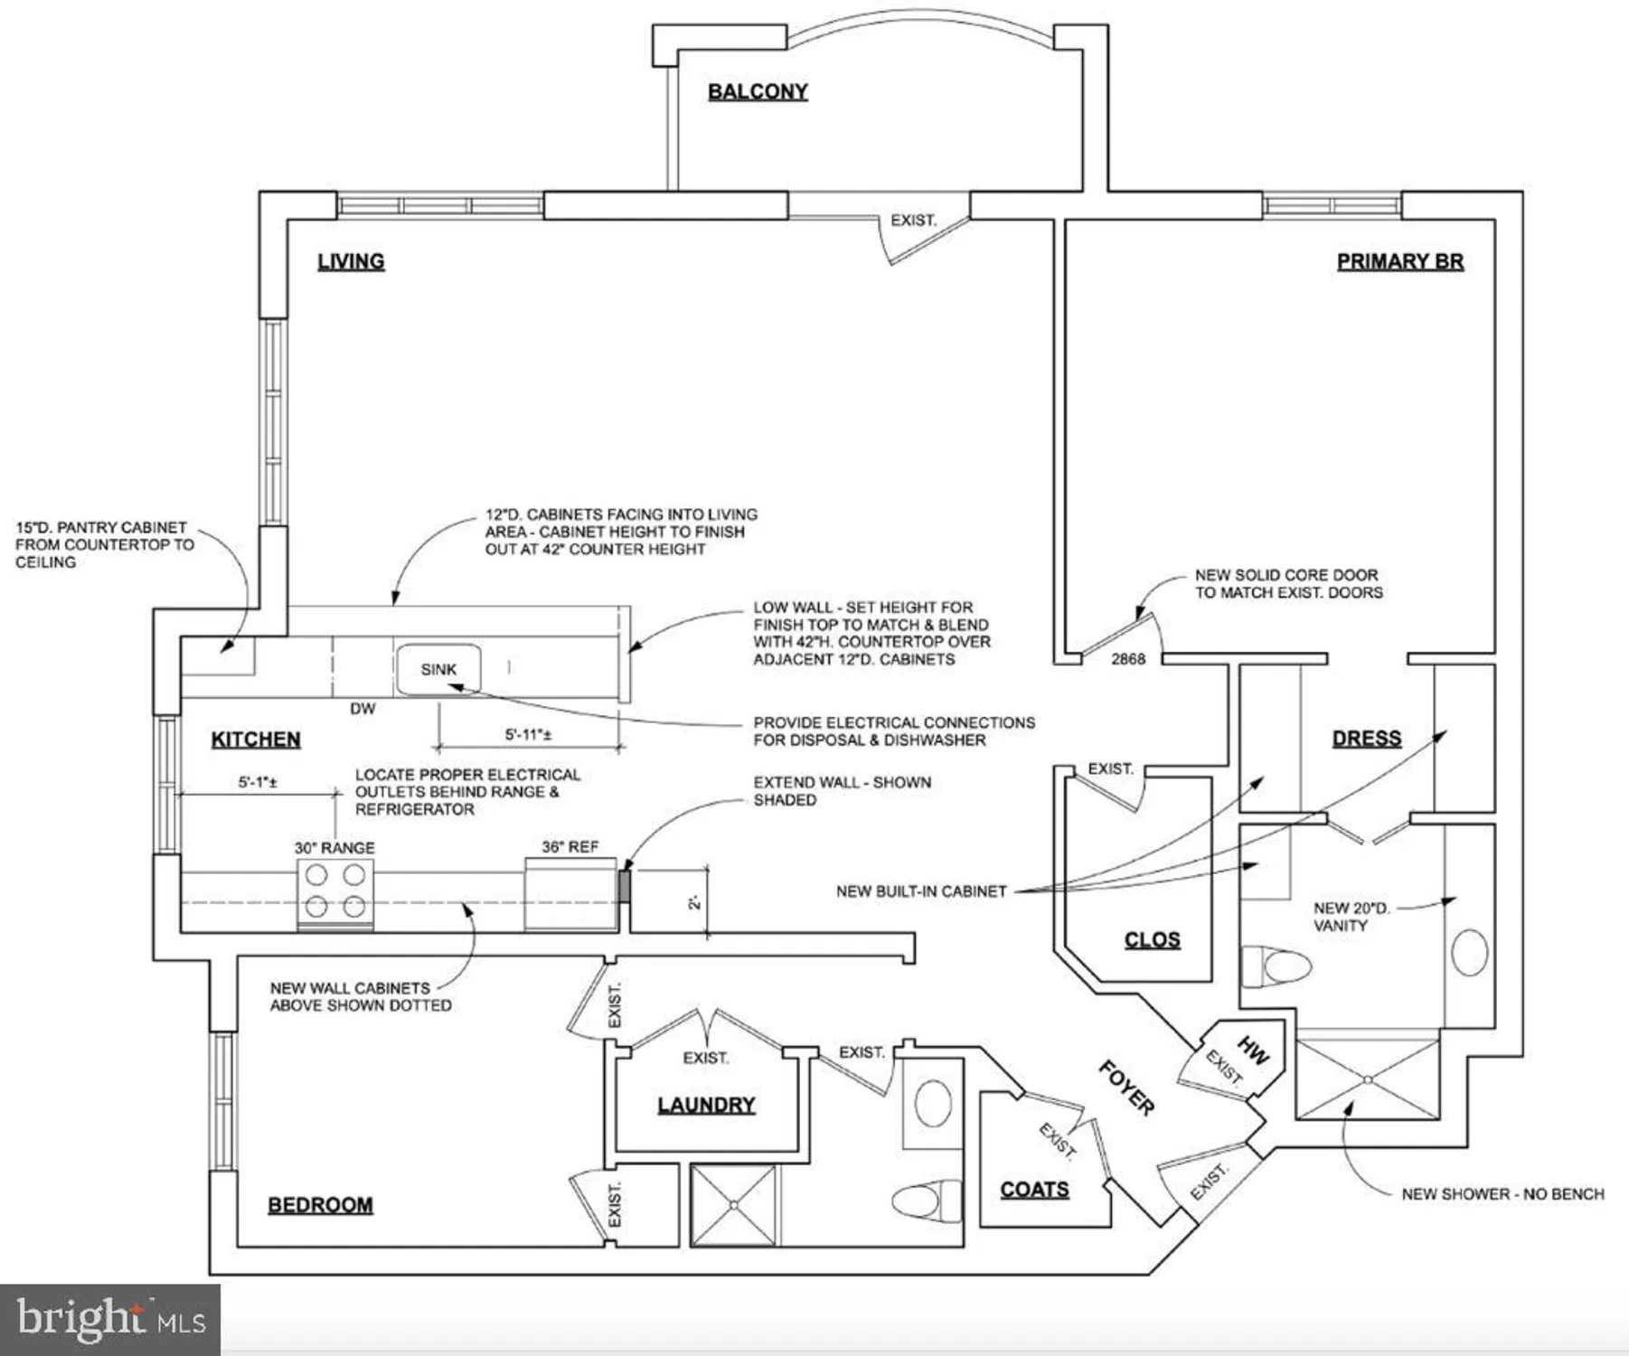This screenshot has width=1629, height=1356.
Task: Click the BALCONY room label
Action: coord(758,91)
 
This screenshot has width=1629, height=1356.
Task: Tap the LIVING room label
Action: coord(351,261)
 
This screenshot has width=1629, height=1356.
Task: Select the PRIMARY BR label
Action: coord(1399,261)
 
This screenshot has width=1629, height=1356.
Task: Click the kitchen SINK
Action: coord(438,669)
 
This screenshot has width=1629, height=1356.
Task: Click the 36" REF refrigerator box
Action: coord(570,893)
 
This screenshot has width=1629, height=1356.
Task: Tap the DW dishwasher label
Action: coord(363,709)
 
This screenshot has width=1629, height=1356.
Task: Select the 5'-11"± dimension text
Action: coord(528,734)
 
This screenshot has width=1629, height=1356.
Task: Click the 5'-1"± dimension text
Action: coord(258,782)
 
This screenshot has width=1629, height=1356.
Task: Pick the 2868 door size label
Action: coord(1128,659)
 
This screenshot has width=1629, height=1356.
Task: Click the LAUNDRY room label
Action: coord(706,1105)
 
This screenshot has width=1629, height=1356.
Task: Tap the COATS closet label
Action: coord(1034,1190)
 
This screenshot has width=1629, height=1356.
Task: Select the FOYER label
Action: coord(1126,1088)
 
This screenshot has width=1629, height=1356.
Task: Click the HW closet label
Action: coord(1253,1050)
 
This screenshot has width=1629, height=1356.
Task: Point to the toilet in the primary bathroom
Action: coord(1274,965)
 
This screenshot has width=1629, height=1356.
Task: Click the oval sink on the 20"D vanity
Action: coord(1469,952)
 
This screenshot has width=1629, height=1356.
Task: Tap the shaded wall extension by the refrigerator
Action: coord(624,885)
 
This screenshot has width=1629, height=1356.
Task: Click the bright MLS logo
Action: coord(110,1318)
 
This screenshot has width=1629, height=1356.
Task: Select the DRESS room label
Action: coord(1367,739)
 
